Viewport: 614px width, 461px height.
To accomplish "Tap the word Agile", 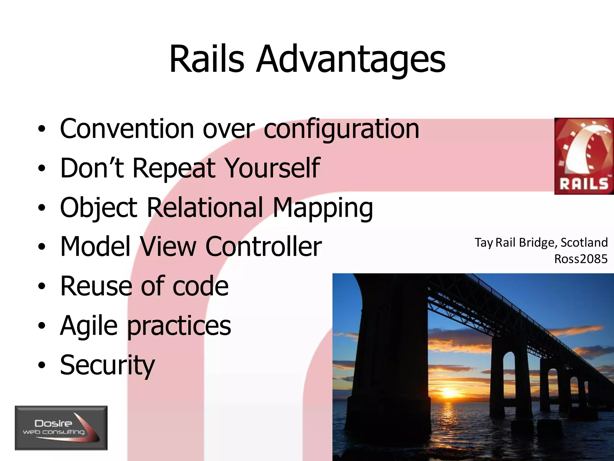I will coord(89,326).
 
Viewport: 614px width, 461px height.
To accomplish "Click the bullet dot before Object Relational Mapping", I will coord(42,208).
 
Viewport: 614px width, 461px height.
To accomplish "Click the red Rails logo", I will coord(584,156).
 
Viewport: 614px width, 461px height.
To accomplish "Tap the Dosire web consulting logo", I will coord(61,428).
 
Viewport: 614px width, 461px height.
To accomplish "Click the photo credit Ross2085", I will coord(581,259).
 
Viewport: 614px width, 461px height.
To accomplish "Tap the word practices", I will coord(179,326).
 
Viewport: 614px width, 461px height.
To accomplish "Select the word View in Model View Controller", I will coord(168,247).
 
